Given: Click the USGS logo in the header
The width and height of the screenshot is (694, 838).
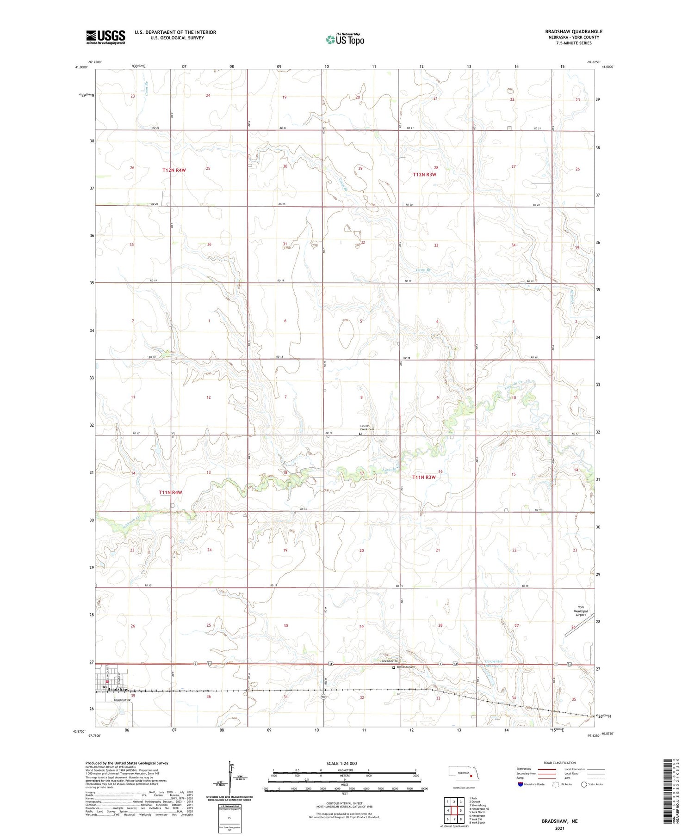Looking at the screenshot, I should [x=105, y=37].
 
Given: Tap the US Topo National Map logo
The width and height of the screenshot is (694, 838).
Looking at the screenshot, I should [x=345, y=39].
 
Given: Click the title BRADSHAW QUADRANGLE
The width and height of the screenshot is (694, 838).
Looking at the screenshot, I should [x=573, y=31].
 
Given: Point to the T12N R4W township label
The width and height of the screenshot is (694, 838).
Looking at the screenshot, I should [x=174, y=170].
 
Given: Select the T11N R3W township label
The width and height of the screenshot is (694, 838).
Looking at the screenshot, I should [x=424, y=477].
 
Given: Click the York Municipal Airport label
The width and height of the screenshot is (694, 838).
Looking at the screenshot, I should [x=580, y=611].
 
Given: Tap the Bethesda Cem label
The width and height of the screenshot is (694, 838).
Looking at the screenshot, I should [x=406, y=667].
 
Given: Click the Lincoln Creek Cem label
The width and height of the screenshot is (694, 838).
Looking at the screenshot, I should [x=367, y=428].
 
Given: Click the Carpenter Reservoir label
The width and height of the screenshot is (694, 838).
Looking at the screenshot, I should [x=493, y=663].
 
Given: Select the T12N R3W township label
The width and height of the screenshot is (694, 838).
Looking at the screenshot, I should [x=424, y=174].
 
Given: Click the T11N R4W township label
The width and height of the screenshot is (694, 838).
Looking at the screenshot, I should [x=170, y=493].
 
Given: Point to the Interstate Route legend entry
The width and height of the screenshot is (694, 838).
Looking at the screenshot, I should [x=532, y=784].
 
